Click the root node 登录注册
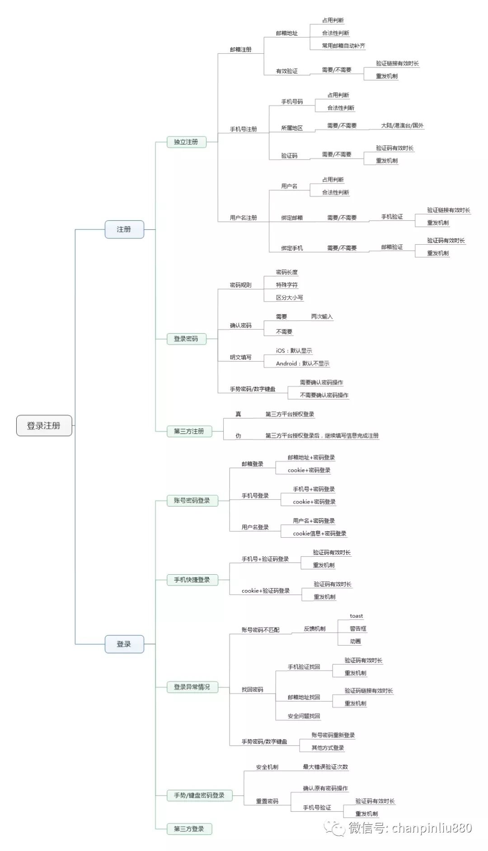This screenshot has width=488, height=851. coord(44,425)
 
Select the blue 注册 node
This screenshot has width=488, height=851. coord(124,229)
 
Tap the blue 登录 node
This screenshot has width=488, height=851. coord(124,644)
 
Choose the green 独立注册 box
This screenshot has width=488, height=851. coord(186,142)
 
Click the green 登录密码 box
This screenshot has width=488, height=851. coord(186,339)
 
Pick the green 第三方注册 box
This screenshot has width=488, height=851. coord(189,431)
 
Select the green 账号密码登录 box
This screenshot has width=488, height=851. coord(192,501)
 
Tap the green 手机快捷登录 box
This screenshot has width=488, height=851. coord(192,580)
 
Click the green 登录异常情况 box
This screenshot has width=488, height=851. coord(192,687)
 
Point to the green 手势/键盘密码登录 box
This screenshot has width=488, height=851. coord(199,795)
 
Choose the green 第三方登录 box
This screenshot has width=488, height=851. coord(189,829)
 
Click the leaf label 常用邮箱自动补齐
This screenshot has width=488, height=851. coord(343,46)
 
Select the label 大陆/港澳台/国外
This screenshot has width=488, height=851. coord(402,125)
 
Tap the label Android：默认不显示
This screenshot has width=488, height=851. coord(303,364)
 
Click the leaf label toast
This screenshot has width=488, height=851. coord(356,616)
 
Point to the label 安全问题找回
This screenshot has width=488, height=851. coord(304,716)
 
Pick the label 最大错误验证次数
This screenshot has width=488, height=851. coord(325,766)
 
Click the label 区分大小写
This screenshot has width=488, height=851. coord(289,298)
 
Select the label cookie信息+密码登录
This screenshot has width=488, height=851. coord(319,534)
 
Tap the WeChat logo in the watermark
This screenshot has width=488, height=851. coord(335,828)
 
